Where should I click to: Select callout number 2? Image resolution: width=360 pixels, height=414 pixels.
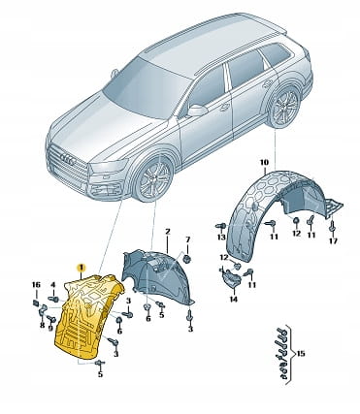click(x=168, y=232)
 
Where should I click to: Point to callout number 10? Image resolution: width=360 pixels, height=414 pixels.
click(x=264, y=162)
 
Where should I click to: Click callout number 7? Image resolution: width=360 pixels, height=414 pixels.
click(x=188, y=239)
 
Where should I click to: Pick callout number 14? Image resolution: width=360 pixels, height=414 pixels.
click(x=233, y=300)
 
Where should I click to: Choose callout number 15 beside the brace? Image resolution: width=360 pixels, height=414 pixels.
click(x=301, y=354)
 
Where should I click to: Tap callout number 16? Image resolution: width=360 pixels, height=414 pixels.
click(x=36, y=285)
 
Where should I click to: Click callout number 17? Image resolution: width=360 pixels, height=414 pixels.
click(x=333, y=240)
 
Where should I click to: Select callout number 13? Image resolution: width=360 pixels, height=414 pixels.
click(x=221, y=238)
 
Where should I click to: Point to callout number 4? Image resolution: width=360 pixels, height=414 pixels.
click(x=53, y=285)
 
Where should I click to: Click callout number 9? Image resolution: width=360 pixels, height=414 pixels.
click(x=50, y=329)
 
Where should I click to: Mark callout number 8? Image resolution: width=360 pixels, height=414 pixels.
click(x=42, y=325)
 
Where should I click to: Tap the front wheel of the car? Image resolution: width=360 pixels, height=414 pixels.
click(x=154, y=178)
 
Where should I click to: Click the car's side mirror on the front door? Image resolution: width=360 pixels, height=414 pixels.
click(x=197, y=111)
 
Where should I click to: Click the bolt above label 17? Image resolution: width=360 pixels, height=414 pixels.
click(x=332, y=226)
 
